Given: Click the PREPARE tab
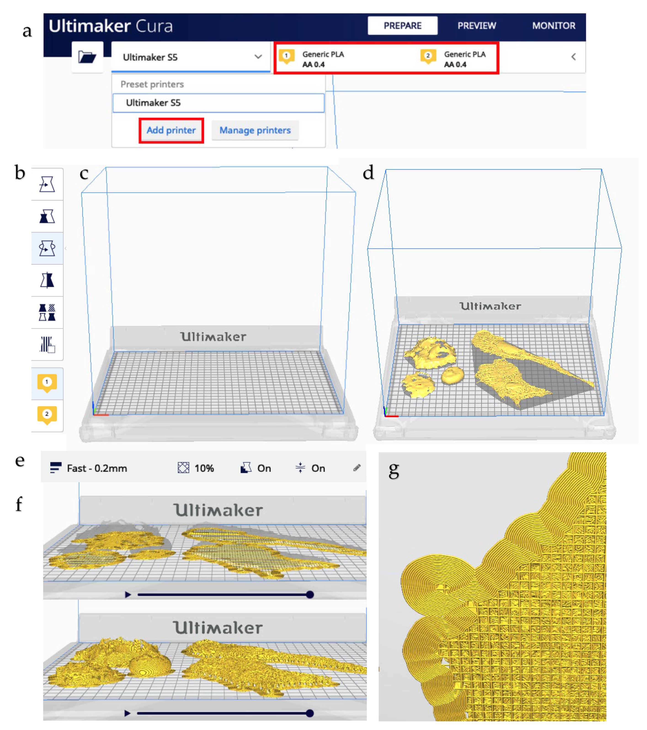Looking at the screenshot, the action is [402, 26].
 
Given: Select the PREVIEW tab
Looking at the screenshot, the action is [477, 26].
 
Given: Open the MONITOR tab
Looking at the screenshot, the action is [554, 26].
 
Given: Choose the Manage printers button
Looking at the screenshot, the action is [255, 130].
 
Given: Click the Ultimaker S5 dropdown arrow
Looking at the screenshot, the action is [258, 57].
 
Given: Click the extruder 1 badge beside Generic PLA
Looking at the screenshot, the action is [286, 57].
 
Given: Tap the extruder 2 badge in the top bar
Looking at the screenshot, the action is [428, 57].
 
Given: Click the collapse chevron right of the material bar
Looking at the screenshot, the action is [573, 57].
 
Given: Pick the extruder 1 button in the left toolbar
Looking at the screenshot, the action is [47, 383].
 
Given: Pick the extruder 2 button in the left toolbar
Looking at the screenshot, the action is [47, 415].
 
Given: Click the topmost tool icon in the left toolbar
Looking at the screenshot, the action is [47, 184].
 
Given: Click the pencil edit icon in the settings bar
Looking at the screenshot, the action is [357, 468].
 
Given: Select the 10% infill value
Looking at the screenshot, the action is [204, 468].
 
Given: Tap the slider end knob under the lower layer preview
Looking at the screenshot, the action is [310, 713].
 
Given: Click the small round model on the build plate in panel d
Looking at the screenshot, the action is [453, 375].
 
